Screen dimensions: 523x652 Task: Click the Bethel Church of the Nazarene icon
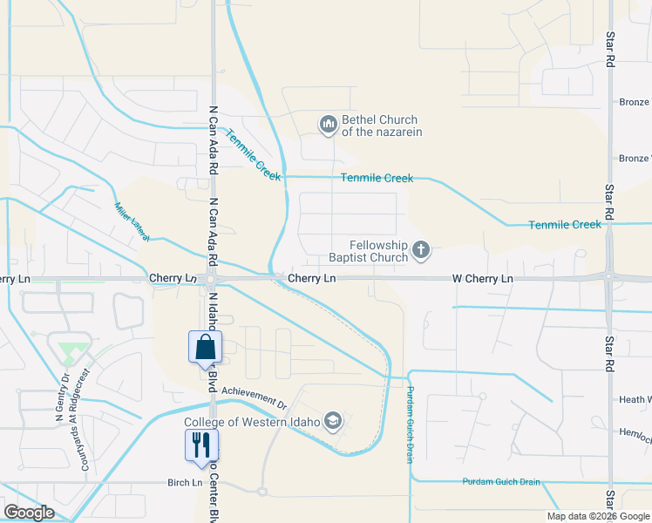329,126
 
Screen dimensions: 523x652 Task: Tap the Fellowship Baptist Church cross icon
420,251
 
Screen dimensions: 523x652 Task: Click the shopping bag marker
205,347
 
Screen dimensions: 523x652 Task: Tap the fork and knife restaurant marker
201,445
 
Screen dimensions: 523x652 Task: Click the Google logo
29,513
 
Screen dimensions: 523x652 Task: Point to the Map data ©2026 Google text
597,516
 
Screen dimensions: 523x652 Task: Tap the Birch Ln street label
185,481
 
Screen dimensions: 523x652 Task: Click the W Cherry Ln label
482,278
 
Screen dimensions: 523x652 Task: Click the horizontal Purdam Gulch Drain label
500,481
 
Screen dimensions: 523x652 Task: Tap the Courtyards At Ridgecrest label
85,418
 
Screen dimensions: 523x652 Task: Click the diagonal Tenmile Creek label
254,154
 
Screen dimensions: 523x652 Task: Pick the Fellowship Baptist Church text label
367,251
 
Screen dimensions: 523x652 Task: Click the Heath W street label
635,399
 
